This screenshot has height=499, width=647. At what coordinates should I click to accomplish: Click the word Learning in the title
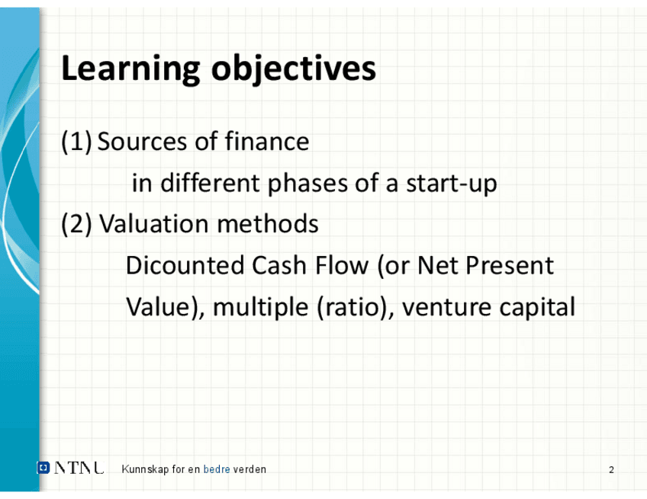(130, 69)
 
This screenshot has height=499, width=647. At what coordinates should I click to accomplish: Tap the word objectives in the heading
(294, 69)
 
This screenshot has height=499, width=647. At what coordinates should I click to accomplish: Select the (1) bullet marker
(76, 142)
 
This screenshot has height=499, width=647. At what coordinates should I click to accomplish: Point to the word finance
(267, 141)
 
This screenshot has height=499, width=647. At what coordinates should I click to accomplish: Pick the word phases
(307, 183)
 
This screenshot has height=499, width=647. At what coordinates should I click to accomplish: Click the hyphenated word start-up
(452, 184)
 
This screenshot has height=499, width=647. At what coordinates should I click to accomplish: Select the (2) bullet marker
(76, 224)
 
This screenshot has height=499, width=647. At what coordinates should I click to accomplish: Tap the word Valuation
(154, 224)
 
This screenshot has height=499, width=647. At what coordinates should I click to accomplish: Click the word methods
(267, 224)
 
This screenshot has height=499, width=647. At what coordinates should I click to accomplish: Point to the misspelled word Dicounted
(185, 265)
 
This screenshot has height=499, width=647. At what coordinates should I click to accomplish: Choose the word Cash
(278, 265)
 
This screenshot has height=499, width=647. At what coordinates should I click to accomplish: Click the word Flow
(342, 265)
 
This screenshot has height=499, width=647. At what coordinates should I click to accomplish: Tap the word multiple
(260, 307)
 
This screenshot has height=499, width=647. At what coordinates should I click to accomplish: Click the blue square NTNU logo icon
(43, 468)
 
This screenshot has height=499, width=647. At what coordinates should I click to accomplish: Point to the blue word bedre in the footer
(217, 469)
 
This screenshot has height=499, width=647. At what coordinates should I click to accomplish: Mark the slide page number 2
(611, 469)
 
